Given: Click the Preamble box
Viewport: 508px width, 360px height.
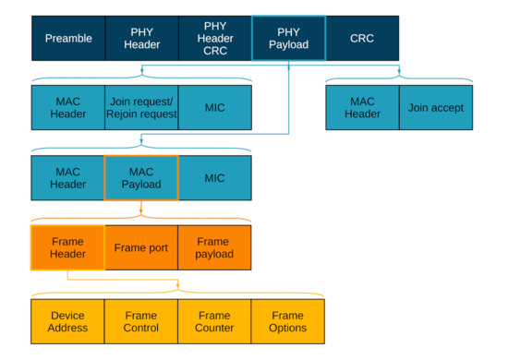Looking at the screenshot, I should [68, 38].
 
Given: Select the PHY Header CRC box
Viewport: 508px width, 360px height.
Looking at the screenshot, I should [214, 38].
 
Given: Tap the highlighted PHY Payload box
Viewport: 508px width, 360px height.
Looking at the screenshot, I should [288, 38].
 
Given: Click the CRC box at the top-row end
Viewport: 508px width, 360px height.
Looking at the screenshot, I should [362, 38].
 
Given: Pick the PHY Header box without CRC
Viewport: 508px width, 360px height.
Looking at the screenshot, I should [141, 38].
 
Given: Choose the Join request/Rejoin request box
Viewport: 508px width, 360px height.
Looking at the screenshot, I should [141, 108].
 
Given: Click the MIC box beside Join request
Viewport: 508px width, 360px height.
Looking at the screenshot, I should [214, 108].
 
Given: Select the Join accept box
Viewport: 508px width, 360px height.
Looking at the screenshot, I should [435, 108].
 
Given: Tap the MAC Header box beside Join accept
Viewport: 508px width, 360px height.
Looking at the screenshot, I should [362, 108].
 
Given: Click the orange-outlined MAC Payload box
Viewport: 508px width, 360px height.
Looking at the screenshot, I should [141, 178].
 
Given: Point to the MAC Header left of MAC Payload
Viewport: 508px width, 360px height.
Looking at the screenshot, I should [68, 178].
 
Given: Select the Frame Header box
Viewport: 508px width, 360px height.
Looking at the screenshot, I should [68, 247].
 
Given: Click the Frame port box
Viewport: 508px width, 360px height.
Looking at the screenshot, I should [141, 247].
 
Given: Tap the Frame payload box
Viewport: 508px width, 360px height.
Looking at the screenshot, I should [214, 247].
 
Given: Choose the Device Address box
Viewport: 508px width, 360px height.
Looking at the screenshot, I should [68, 321].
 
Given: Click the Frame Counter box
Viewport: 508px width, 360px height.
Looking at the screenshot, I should [214, 321].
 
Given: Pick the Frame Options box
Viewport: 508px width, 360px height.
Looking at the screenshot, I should [288, 321].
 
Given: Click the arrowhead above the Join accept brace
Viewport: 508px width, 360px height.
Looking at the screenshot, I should [399, 71].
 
